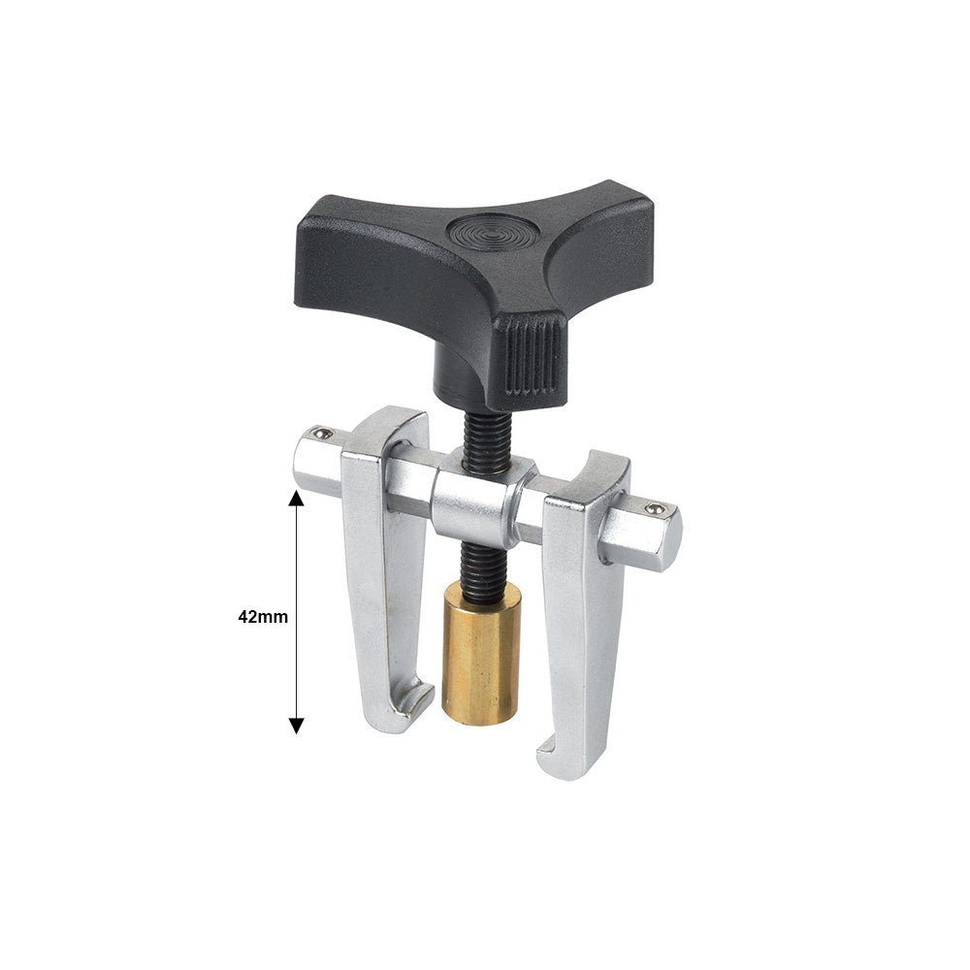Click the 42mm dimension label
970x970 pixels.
(263, 617)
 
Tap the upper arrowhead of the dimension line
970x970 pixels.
(296, 498)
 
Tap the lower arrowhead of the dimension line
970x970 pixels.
(296, 726)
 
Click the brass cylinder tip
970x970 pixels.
(481, 655)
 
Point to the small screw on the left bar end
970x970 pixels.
(320, 433)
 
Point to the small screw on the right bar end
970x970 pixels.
(656, 508)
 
